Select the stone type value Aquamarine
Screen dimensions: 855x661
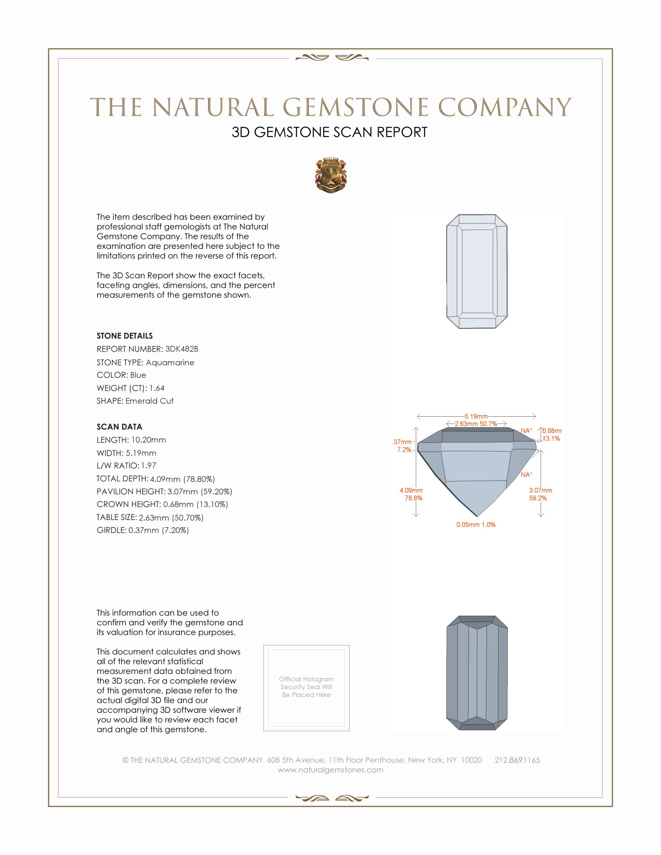pos(170,363)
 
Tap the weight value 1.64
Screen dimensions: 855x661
pos(157,388)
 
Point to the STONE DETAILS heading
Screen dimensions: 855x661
pos(124,336)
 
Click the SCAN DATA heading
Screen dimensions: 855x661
pos(119,427)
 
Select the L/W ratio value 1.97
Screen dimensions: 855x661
pos(149,466)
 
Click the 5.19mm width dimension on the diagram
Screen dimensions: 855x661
pos(476,416)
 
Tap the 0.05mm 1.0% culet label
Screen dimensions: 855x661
pos(476,525)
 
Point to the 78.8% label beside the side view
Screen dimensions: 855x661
pos(414,498)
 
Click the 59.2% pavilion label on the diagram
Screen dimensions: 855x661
pos(538,498)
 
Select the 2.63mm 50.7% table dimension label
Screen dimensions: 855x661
pos(476,424)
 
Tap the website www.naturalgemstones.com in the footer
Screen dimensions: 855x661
pos(330,770)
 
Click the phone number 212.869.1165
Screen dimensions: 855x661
pos(517,760)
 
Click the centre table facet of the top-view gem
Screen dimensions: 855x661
pos(477,271)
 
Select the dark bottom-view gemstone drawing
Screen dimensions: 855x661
pos(477,673)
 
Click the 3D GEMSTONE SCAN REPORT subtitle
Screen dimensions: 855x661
pos(329,132)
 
